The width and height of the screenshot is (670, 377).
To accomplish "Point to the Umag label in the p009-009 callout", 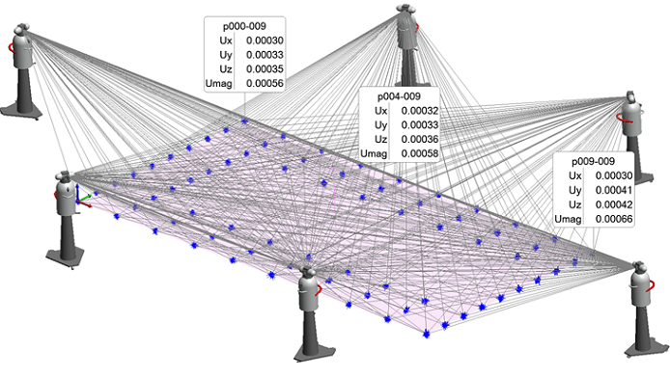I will [570, 220].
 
